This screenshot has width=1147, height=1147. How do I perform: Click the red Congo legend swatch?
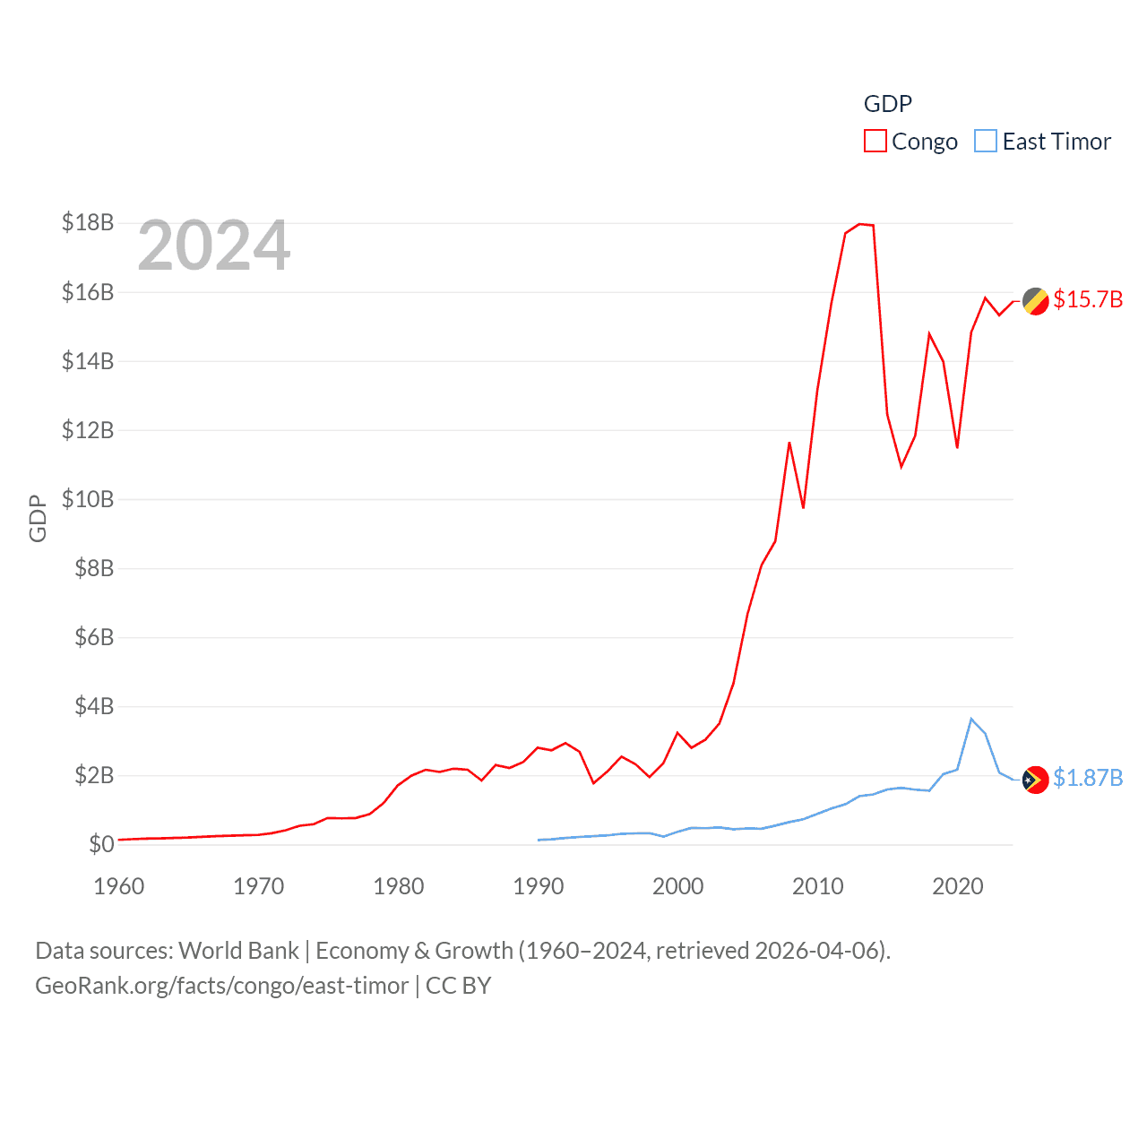pyautogui.click(x=875, y=142)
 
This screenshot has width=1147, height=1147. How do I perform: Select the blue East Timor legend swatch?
pyautogui.click(x=986, y=142)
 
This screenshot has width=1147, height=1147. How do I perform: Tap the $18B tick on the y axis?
pyautogui.click(x=88, y=222)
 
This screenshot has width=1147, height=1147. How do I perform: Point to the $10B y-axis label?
pyautogui.click(x=88, y=499)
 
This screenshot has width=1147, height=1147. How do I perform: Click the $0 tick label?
pyautogui.click(x=101, y=844)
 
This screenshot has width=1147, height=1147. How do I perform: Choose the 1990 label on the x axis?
pyautogui.click(x=538, y=886)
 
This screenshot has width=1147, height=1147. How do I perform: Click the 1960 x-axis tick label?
pyautogui.click(x=119, y=886)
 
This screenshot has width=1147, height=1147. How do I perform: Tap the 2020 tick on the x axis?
pyautogui.click(x=957, y=886)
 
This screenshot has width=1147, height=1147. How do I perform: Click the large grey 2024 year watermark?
pyautogui.click(x=214, y=246)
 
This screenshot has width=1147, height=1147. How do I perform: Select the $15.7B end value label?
pyautogui.click(x=1088, y=299)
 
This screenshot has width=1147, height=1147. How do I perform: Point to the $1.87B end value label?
pyautogui.click(x=1088, y=778)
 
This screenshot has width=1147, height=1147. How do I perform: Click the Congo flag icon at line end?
pyautogui.click(x=1036, y=302)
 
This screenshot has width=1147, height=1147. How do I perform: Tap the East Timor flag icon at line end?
pyautogui.click(x=1036, y=780)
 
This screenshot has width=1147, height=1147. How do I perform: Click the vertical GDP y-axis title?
pyautogui.click(x=38, y=518)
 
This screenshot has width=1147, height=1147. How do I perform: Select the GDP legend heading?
pyautogui.click(x=887, y=104)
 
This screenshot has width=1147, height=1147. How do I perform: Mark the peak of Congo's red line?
pyautogui.click(x=860, y=224)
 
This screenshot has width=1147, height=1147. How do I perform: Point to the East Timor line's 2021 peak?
pyautogui.click(x=971, y=719)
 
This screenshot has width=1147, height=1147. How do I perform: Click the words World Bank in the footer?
pyautogui.click(x=238, y=950)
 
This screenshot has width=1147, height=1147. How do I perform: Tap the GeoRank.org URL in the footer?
pyautogui.click(x=221, y=986)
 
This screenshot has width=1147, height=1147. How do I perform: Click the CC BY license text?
pyautogui.click(x=458, y=986)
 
